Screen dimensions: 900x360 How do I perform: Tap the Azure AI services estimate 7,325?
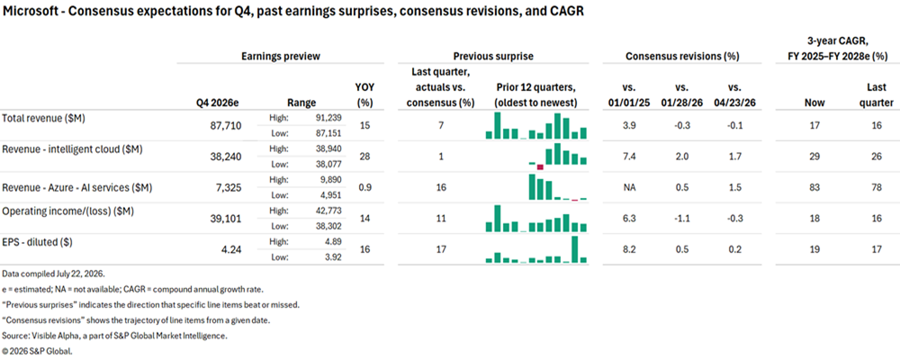point(225,188)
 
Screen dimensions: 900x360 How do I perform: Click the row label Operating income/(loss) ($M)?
point(68,211)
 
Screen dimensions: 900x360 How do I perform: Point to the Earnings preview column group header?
point(281,57)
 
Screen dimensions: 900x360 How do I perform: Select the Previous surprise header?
point(493,57)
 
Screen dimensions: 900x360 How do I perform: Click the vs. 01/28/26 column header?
point(680,95)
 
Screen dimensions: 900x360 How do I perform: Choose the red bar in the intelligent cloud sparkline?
point(540,167)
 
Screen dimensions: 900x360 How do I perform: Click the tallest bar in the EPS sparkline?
point(574,249)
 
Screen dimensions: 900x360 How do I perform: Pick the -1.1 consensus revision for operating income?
point(680,219)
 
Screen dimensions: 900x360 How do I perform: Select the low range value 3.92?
point(332,257)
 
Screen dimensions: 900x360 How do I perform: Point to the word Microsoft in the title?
point(25,12)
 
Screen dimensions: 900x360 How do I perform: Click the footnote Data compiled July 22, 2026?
point(53,274)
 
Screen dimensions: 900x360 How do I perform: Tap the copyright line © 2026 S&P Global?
point(37,350)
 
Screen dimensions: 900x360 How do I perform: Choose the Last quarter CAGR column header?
point(878,95)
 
